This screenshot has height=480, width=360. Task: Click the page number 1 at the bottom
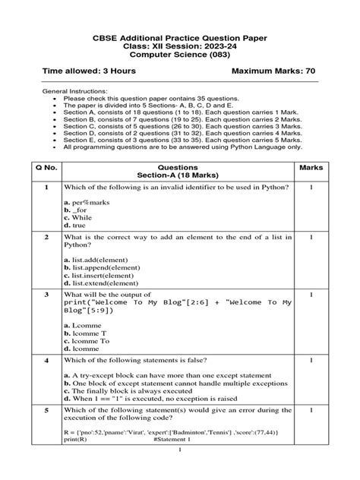pos(179,472)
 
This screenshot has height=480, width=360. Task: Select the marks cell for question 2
pos(311,237)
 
